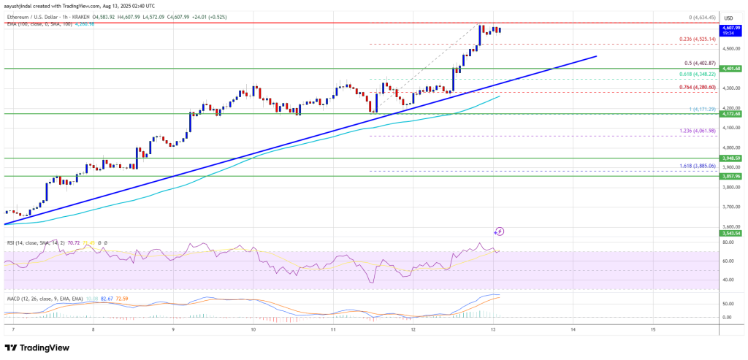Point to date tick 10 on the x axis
pos(253,330)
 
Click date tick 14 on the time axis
pos(573,330)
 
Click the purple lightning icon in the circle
pos(500,231)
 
